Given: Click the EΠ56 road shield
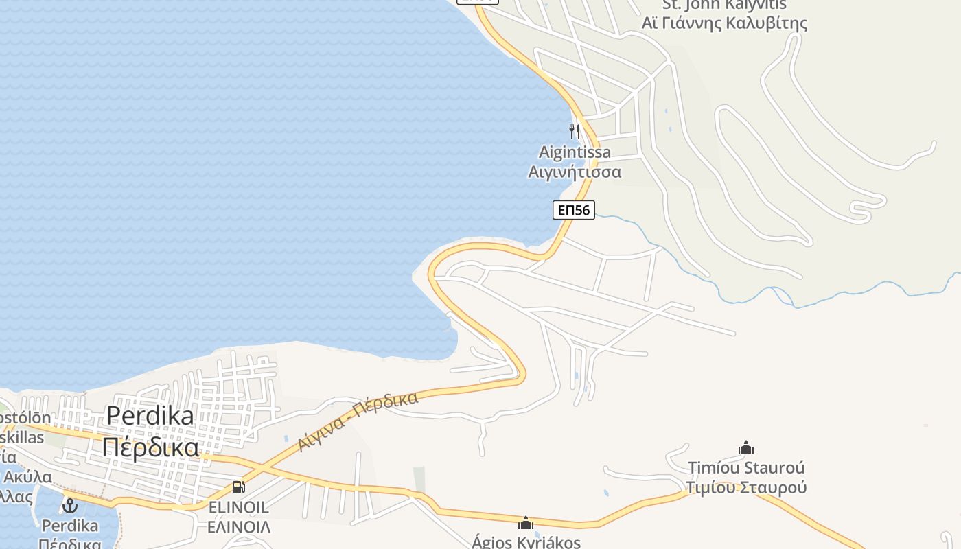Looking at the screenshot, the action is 573,210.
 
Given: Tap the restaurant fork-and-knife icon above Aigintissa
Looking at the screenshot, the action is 575,131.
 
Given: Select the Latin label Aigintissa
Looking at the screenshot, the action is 575,152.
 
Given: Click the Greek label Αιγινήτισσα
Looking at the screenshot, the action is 575,172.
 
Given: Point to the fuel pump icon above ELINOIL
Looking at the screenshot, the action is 238,487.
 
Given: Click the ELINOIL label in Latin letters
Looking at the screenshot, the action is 238,508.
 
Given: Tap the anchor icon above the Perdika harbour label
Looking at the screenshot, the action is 69,506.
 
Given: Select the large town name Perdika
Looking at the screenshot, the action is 150,415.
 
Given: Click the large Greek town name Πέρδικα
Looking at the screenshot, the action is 150,447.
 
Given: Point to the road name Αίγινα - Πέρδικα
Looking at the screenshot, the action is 358,421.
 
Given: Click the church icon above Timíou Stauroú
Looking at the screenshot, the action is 746,448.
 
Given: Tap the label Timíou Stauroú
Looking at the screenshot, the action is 746,468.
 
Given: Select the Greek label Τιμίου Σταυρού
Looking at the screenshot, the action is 746,488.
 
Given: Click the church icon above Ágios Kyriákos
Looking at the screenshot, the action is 526,523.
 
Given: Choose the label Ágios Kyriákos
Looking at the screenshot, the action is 526,542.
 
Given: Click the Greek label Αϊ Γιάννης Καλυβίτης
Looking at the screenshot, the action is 724,23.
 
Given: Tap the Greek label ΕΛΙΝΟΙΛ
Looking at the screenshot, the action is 238,527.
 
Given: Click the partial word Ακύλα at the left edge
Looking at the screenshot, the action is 27,477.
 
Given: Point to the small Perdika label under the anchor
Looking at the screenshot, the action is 69,526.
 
